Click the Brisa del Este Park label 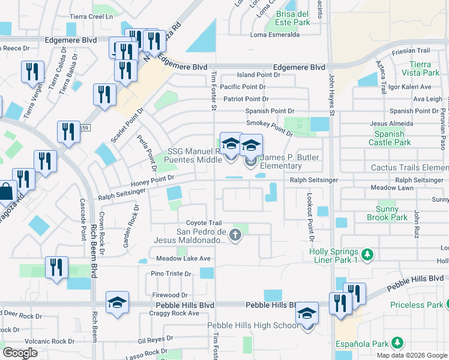point(293,18)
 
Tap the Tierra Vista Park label point(424,68)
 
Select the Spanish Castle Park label point(391,138)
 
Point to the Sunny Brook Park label point(395,214)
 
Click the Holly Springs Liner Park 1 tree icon point(368,255)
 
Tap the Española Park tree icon point(397,342)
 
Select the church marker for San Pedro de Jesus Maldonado point(236,236)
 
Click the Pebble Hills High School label point(253,325)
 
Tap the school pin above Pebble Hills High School point(307,314)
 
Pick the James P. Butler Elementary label point(289,161)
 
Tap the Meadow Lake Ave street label point(183,259)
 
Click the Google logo point(20,353)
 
